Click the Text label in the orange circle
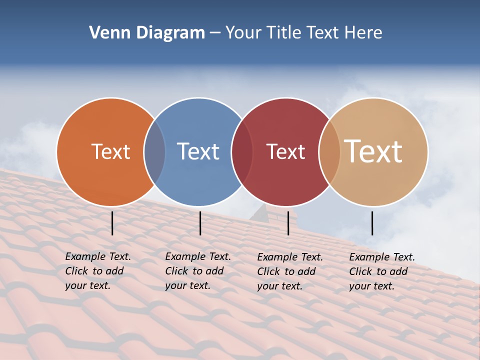(x=110, y=151)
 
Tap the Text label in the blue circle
(x=198, y=151)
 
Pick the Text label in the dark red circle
(x=285, y=151)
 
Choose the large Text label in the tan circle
(x=373, y=151)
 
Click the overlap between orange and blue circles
(x=154, y=152)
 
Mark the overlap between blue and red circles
(x=241, y=152)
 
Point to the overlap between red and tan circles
(x=329, y=152)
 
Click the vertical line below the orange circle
(x=112, y=223)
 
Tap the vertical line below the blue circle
(x=200, y=223)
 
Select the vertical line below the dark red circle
(x=288, y=223)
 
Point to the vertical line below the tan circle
(x=372, y=223)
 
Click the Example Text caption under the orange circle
(x=98, y=271)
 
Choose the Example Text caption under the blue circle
(x=198, y=271)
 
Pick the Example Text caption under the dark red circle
(x=290, y=271)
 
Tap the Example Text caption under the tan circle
(x=382, y=271)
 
